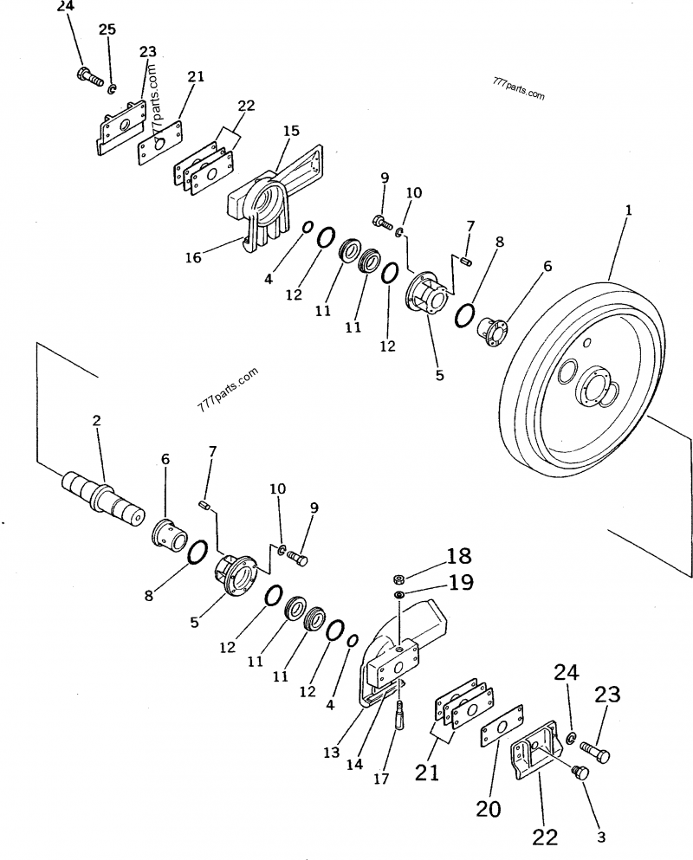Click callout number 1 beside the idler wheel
(x=626, y=210)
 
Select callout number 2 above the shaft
(x=97, y=421)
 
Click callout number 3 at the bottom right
(x=601, y=837)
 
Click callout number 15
(x=291, y=131)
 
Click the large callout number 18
(x=459, y=555)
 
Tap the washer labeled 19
(x=400, y=596)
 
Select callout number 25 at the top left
(x=107, y=29)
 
